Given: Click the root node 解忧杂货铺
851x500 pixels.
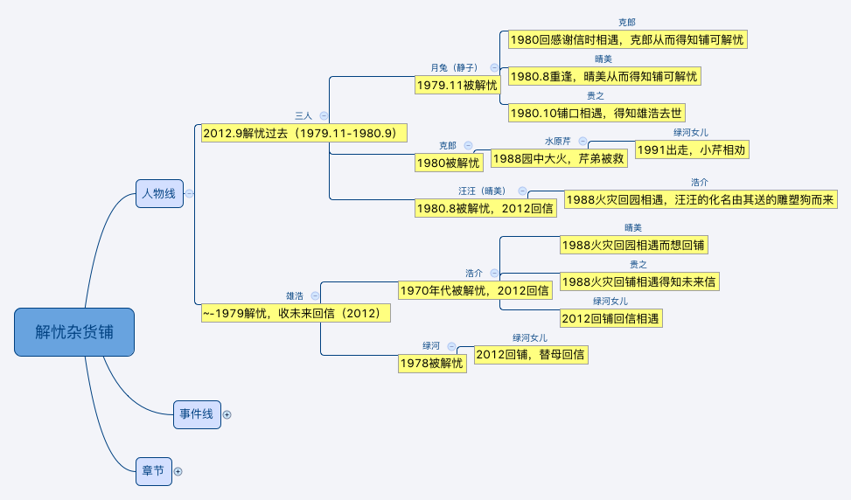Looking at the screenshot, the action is coord(74,332).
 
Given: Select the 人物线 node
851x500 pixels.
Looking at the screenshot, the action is coord(159,194).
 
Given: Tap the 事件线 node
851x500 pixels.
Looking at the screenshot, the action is coord(196,414).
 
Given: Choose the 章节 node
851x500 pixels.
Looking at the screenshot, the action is coord(153,471).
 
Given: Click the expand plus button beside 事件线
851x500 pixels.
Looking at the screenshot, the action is coord(227,414).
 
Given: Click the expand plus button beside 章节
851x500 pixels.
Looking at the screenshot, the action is coord(178,471).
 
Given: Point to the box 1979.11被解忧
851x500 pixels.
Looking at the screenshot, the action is coord(457,85).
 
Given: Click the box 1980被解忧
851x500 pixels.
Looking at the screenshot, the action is coord(449,162).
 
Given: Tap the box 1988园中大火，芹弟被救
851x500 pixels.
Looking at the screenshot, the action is coord(558,158).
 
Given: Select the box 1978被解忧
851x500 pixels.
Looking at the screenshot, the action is coord(431,363).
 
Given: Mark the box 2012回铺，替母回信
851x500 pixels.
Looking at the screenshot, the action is coord(531,354).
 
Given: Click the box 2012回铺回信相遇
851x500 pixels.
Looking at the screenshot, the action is coord(610,318).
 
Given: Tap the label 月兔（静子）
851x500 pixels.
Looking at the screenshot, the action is coord(455,67).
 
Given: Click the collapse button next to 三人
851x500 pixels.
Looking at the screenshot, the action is coord(324,115).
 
